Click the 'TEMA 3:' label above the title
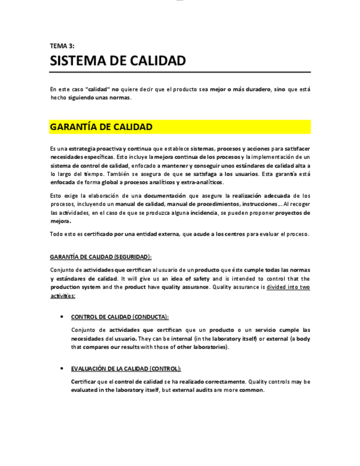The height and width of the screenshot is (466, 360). click(62, 46)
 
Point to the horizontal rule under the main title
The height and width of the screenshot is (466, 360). click(180, 73)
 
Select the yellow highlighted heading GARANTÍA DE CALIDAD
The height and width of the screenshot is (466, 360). click(101, 127)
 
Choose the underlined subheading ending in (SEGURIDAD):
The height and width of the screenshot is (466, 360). click(101, 257)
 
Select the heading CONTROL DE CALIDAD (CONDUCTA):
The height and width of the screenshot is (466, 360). click(120, 317)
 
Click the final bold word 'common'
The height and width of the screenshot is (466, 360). click(251, 390)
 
